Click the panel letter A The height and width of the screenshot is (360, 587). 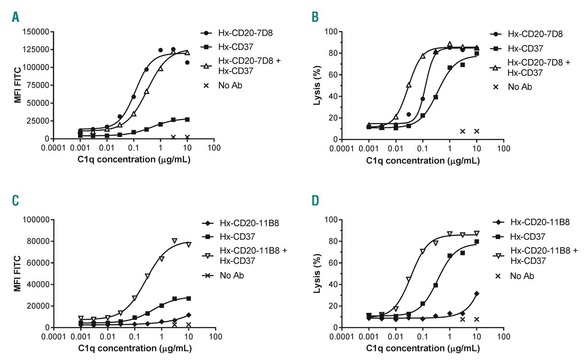(16, 17)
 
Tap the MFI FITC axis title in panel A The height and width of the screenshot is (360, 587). (18, 85)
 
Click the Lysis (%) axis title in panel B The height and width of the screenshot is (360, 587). (316, 86)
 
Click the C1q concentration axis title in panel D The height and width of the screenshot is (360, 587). (422, 348)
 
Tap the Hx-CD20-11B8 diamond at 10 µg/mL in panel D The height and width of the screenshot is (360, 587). (476, 294)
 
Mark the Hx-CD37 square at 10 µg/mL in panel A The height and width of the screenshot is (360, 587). (187, 119)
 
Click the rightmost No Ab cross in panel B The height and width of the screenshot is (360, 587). (476, 131)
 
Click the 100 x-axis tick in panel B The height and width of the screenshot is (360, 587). (504, 149)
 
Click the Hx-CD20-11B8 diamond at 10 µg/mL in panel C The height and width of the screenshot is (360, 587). (188, 315)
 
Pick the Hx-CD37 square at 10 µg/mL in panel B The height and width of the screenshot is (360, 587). (476, 53)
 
